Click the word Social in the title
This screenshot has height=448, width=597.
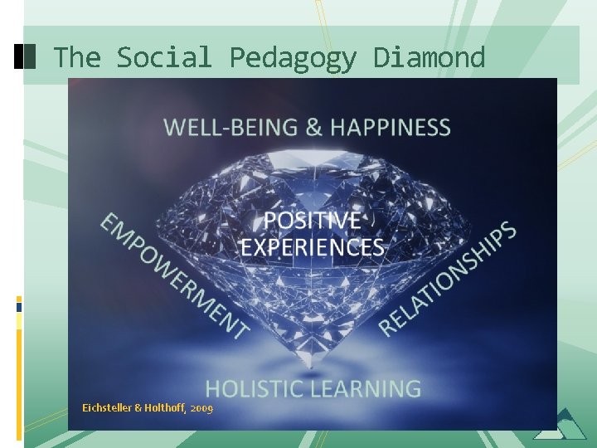point(164,57)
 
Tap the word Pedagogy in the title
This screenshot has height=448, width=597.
point(293,57)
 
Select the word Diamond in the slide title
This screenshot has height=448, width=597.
point(429,57)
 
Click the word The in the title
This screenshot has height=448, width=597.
point(76,57)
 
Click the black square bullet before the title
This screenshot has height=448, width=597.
point(26,56)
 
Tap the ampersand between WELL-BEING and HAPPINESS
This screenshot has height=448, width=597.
point(313,127)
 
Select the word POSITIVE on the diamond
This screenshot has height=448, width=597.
point(312,221)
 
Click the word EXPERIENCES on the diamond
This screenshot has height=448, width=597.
point(312,247)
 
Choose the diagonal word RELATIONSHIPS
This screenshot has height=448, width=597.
point(448,279)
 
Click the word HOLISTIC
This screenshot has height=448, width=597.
point(255,388)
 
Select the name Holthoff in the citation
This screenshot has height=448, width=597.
point(163,408)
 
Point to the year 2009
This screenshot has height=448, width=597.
point(201,409)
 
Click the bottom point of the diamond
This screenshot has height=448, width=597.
point(312,366)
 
